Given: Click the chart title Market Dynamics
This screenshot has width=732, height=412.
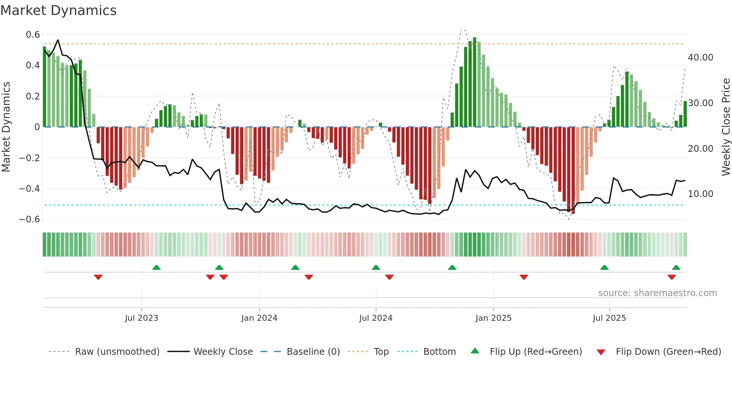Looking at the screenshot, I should coord(59,10).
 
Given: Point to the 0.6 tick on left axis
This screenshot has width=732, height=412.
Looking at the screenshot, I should coord(33,35).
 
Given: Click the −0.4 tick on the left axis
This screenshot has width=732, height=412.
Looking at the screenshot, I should coord(30,189).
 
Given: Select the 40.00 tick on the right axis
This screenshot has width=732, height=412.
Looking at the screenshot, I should coord(700,58).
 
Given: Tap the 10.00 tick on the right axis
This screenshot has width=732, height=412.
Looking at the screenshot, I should coord(700,194).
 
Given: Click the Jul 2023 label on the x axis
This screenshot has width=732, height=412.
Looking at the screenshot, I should coord(142,318).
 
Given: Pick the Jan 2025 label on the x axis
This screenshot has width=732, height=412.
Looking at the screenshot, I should coord(493,318).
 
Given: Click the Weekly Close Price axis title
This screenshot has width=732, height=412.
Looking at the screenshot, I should coord(726,127).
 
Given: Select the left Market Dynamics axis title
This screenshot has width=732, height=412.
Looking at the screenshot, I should coord(6,127).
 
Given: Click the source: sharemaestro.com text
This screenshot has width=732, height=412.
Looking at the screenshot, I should coord(657,293).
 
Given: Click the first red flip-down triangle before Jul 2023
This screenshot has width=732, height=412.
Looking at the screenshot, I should coord(98,277).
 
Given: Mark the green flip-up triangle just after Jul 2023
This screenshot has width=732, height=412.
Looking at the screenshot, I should coord(156,267).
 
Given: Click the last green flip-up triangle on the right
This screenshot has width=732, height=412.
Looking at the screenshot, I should coord(676,267).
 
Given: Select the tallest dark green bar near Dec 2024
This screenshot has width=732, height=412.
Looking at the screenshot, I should coord(475,82).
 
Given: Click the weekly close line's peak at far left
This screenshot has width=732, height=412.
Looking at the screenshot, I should coord(58,40).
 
